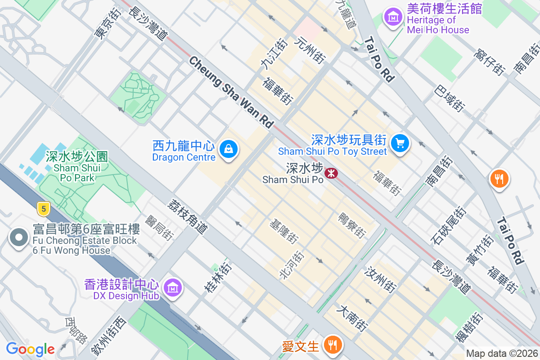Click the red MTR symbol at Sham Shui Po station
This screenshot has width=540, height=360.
coord(332,173)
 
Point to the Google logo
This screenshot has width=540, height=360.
coord(30,349)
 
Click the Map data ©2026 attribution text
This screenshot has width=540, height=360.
coord(501,353)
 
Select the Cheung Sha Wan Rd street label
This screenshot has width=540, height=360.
coord(231,91)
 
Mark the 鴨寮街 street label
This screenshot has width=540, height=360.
coord(351,225)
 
